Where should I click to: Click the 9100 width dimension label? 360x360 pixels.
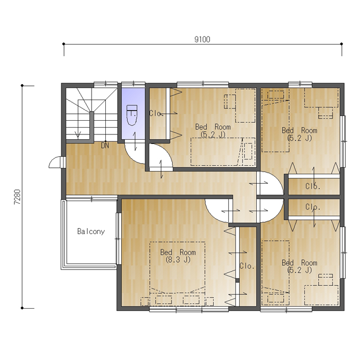point(202,40)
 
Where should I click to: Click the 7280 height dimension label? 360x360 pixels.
point(17,197)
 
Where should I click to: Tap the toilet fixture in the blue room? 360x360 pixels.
point(132,115)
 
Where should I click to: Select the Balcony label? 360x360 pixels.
point(91,231)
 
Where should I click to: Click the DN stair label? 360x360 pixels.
point(105,146)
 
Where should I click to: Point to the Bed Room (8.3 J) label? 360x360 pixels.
point(178,256)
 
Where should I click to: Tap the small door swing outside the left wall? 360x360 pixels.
point(55,162)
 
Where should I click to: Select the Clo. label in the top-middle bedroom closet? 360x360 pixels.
point(155,113)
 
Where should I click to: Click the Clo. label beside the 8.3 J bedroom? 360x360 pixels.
point(247,266)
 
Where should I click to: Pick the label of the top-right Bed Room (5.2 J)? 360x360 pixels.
point(300,134)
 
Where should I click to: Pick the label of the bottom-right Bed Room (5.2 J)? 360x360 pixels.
point(300,266)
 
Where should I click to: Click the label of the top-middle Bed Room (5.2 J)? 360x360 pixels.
point(213,130)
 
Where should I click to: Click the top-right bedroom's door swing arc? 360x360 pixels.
point(278,178)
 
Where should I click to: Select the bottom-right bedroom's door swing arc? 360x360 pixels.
point(278,215)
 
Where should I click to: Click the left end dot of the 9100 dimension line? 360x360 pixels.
point(64,43)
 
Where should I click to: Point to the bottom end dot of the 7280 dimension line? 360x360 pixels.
point(22,308)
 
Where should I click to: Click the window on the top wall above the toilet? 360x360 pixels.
point(133,83)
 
